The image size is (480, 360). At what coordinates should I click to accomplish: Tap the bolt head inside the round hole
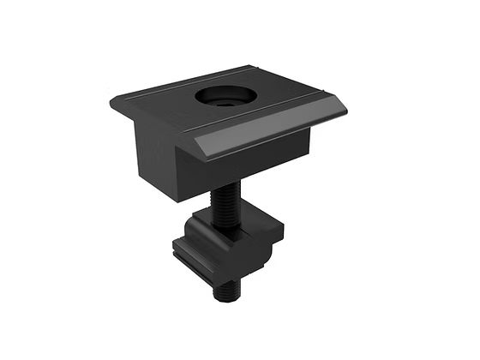coord(225,99)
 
